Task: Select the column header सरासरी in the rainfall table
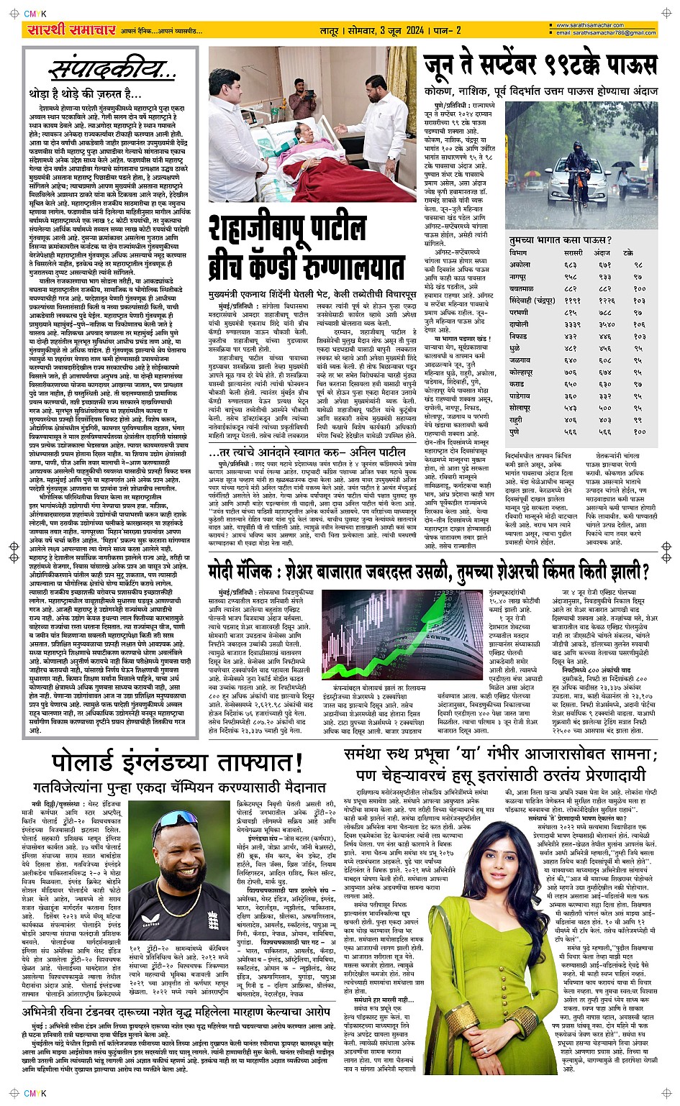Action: [573, 253]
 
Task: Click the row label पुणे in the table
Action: [516, 431]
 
